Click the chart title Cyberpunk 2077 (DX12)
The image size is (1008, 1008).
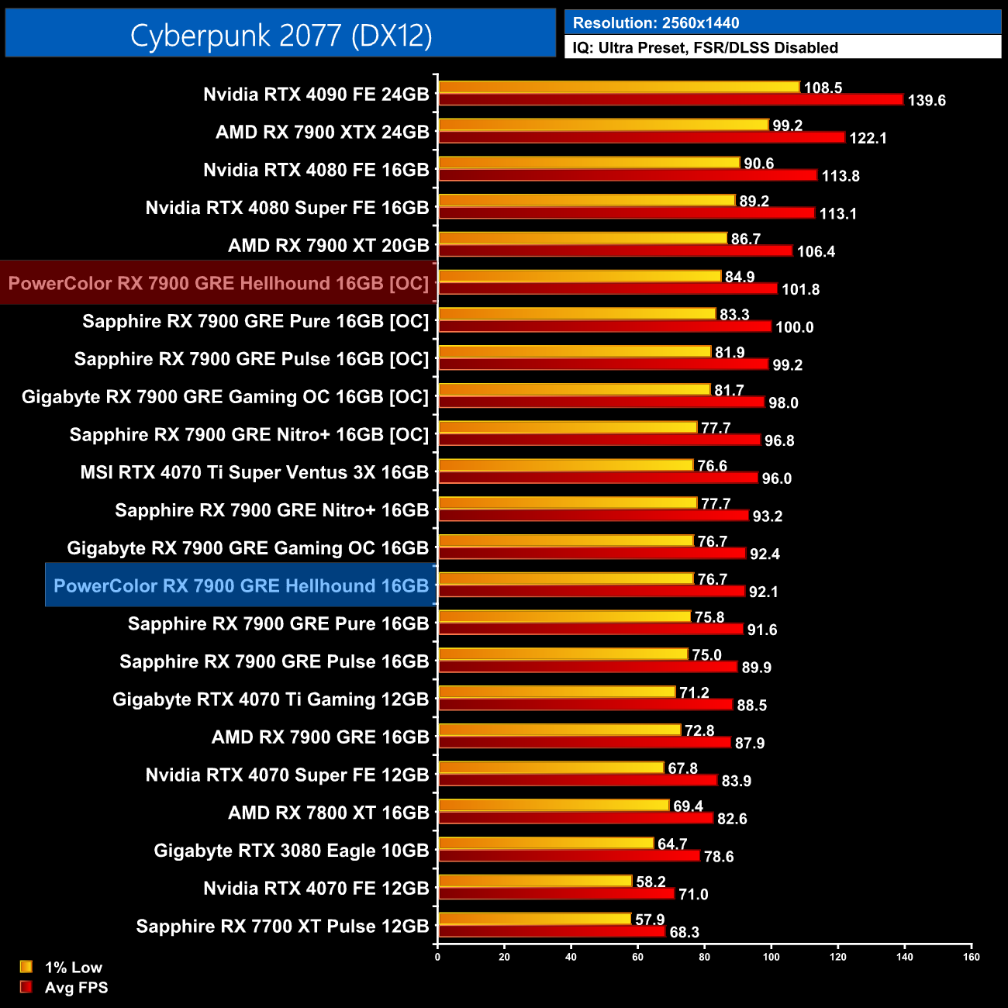point(281,36)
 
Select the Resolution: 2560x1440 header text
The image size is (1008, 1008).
point(655,23)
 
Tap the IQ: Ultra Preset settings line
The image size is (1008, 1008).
point(705,48)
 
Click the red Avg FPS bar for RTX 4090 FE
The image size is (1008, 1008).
point(671,99)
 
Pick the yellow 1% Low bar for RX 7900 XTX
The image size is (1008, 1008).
point(603,125)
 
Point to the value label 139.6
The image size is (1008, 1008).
point(927,101)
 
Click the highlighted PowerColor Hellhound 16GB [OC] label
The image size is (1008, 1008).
point(219,283)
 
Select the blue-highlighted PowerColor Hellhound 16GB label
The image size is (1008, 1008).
point(241,585)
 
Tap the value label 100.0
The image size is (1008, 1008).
point(794,327)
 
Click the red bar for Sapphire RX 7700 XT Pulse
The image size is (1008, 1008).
point(552,931)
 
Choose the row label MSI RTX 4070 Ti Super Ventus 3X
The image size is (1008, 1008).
point(254,472)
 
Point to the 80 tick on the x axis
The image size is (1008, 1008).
point(704,957)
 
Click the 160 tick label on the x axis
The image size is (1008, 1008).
point(971,957)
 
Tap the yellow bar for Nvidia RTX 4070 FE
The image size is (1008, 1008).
point(535,881)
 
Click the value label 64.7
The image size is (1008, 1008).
point(672,844)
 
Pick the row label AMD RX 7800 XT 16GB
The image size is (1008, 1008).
point(328,813)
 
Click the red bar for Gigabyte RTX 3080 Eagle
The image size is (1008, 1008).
point(569,856)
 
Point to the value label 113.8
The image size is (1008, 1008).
point(841,176)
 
